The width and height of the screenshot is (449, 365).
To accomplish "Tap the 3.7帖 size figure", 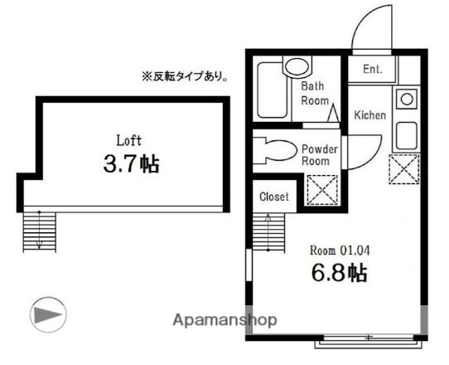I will tap(130, 164).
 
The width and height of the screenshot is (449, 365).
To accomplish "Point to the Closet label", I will tap(274, 197).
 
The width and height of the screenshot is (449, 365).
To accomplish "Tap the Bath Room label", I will tap(315, 92).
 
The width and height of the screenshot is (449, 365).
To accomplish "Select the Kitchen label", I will tap(369, 115).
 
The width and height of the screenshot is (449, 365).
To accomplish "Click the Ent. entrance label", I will tap(372, 70).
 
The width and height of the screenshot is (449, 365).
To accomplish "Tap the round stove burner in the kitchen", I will tap(407, 100).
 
